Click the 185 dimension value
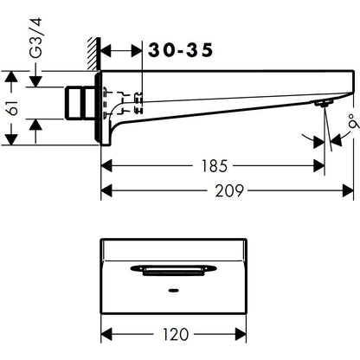tap(215, 166)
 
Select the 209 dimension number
tap(229, 190)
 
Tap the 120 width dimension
tap(176, 334)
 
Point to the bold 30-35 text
tap(181, 50)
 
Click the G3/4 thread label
tap(36, 38)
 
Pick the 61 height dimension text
tap(13, 107)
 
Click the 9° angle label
tap(354, 120)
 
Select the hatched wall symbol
tap(94, 54)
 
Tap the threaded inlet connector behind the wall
tap(80, 103)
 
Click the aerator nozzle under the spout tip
tap(324, 103)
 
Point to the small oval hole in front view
tap(173, 291)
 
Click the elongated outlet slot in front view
tap(173, 270)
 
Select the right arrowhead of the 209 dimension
tap(348, 190)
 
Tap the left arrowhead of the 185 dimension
tap(106, 166)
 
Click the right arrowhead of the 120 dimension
tap(241, 334)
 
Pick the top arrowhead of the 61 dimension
tap(11, 77)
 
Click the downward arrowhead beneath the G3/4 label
tap(35, 81)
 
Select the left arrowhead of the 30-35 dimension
tap(106, 51)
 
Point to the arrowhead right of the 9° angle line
tap(336, 140)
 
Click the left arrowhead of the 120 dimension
tap(106, 334)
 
